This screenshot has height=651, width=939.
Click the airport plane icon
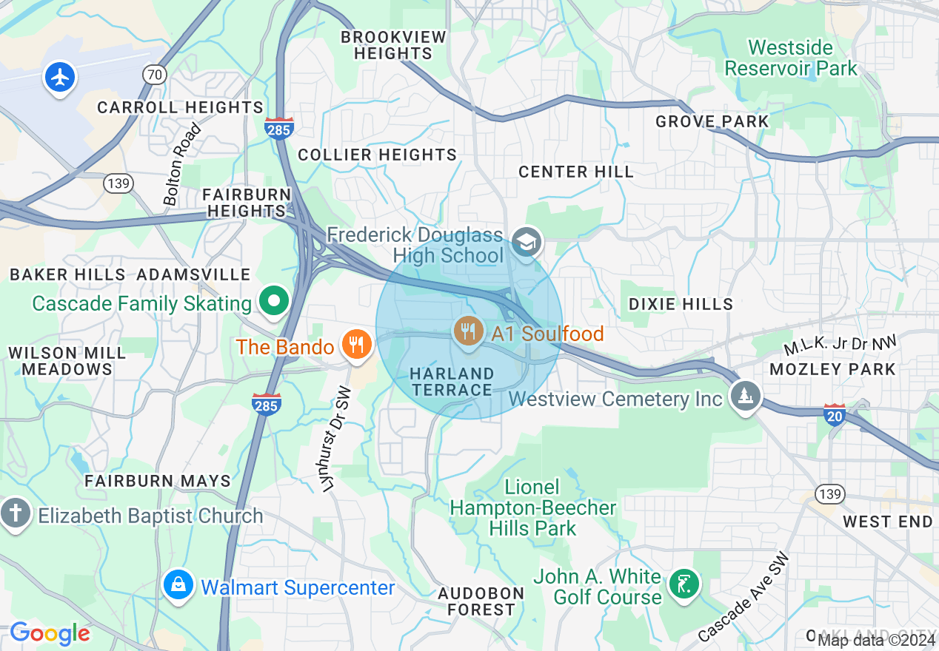[x=60, y=77]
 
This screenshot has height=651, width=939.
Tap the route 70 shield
[x=154, y=75]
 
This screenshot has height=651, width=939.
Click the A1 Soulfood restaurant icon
[x=468, y=330]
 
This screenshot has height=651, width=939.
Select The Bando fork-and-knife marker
[x=357, y=344]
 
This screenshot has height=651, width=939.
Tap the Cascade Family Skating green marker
[x=274, y=302]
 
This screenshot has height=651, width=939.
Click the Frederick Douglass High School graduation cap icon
[x=527, y=242]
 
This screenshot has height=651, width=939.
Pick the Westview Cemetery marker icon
[x=745, y=395]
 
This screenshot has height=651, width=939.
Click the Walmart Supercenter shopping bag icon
[x=178, y=584]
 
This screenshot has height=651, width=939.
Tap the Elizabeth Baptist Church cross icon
[x=14, y=513]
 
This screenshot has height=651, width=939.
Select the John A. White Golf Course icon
[x=684, y=584]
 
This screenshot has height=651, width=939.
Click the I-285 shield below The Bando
[x=266, y=404]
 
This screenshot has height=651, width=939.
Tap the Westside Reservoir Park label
[x=790, y=58]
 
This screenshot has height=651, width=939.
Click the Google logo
[x=50, y=633]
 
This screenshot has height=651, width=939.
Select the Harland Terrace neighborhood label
[x=452, y=382]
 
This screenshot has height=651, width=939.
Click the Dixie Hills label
[x=681, y=304]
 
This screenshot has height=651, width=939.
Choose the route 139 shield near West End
[x=826, y=493]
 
